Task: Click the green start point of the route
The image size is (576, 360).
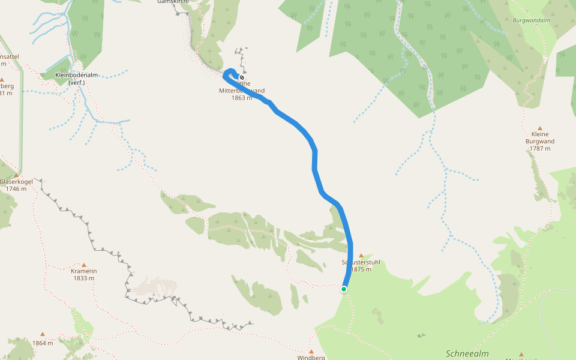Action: [344, 289]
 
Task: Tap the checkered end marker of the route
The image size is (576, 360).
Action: [242, 77]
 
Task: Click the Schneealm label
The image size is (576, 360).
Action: [467, 353]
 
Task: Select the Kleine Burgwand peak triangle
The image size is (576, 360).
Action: [539, 128]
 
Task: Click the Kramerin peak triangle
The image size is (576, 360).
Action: [83, 265]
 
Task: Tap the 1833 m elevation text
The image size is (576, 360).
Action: [83, 278]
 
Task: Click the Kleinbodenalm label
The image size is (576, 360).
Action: [76, 75]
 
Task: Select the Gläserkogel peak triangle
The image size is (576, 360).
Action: [16, 175]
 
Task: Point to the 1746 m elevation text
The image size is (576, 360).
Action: [16, 189]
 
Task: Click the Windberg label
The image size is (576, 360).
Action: [311, 358]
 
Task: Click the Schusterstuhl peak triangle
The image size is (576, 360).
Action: [361, 256]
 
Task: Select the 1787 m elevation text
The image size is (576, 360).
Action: [540, 148]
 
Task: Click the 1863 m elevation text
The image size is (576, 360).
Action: [242, 98]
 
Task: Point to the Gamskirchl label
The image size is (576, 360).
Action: [172, 2]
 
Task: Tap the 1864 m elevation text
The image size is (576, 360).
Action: [43, 343]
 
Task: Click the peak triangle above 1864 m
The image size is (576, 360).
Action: [43, 334]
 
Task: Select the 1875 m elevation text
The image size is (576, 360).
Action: [361, 269]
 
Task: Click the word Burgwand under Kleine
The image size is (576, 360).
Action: [540, 142]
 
